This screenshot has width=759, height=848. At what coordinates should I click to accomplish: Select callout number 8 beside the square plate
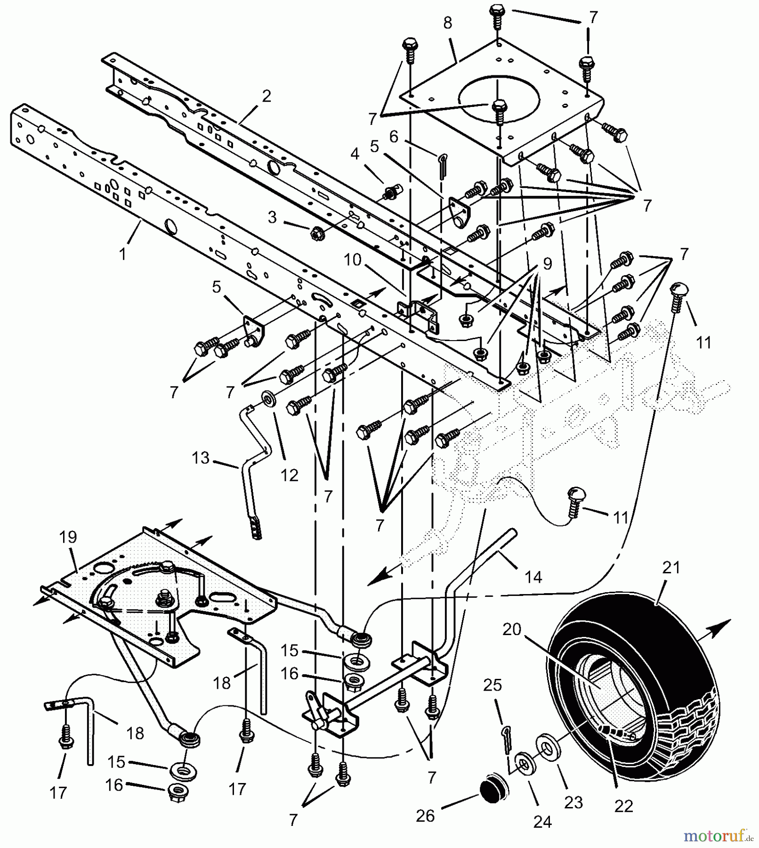pos(447,24)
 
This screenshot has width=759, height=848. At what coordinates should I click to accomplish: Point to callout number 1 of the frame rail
pos(122,254)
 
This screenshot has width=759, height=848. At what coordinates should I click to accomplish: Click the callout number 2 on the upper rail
pos(266,96)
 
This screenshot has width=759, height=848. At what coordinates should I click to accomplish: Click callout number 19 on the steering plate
pos(68,537)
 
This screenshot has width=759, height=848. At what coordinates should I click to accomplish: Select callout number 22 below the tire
pos(624,806)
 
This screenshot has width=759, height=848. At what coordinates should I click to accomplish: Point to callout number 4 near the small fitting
pos(355,154)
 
